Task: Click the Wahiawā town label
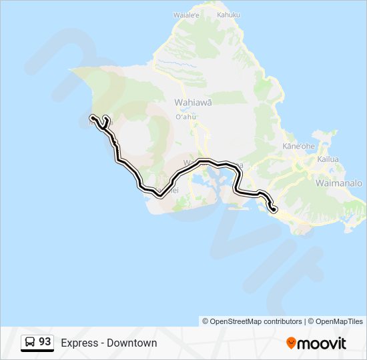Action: coord(193,103)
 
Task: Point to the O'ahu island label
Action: coord(186,117)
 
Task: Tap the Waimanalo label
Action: coord(338,183)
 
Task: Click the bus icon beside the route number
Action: coord(31,342)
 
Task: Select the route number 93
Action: coord(45,341)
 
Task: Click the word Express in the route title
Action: coord(79,343)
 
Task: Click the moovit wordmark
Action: coord(322,343)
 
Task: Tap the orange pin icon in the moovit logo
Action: coord(291,343)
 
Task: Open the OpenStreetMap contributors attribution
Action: coord(252,321)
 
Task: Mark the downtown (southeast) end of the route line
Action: coord(274,210)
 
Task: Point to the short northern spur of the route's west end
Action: coord(105,118)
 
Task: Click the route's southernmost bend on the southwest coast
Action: coord(159,195)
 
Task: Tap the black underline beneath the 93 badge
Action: coord(37,351)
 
